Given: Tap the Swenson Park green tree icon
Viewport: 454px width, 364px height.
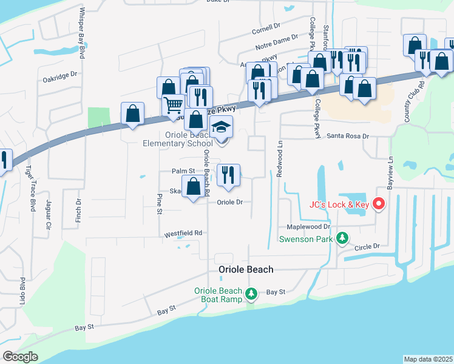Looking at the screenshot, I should (342, 238).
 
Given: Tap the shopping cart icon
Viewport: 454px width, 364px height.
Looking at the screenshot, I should (174, 106).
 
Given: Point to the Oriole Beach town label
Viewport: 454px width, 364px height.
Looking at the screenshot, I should (246, 269).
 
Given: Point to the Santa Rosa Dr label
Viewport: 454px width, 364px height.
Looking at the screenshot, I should (348, 136).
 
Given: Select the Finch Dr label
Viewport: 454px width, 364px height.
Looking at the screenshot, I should (79, 209).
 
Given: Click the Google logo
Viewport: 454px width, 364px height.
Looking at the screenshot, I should (19, 357).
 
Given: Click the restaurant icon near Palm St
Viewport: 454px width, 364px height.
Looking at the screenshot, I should (229, 175).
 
